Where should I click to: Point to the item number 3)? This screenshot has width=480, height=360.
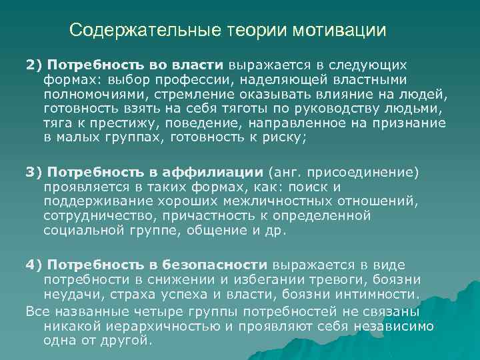tap(35, 173)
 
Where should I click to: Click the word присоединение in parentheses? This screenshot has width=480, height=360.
tap(363, 173)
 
